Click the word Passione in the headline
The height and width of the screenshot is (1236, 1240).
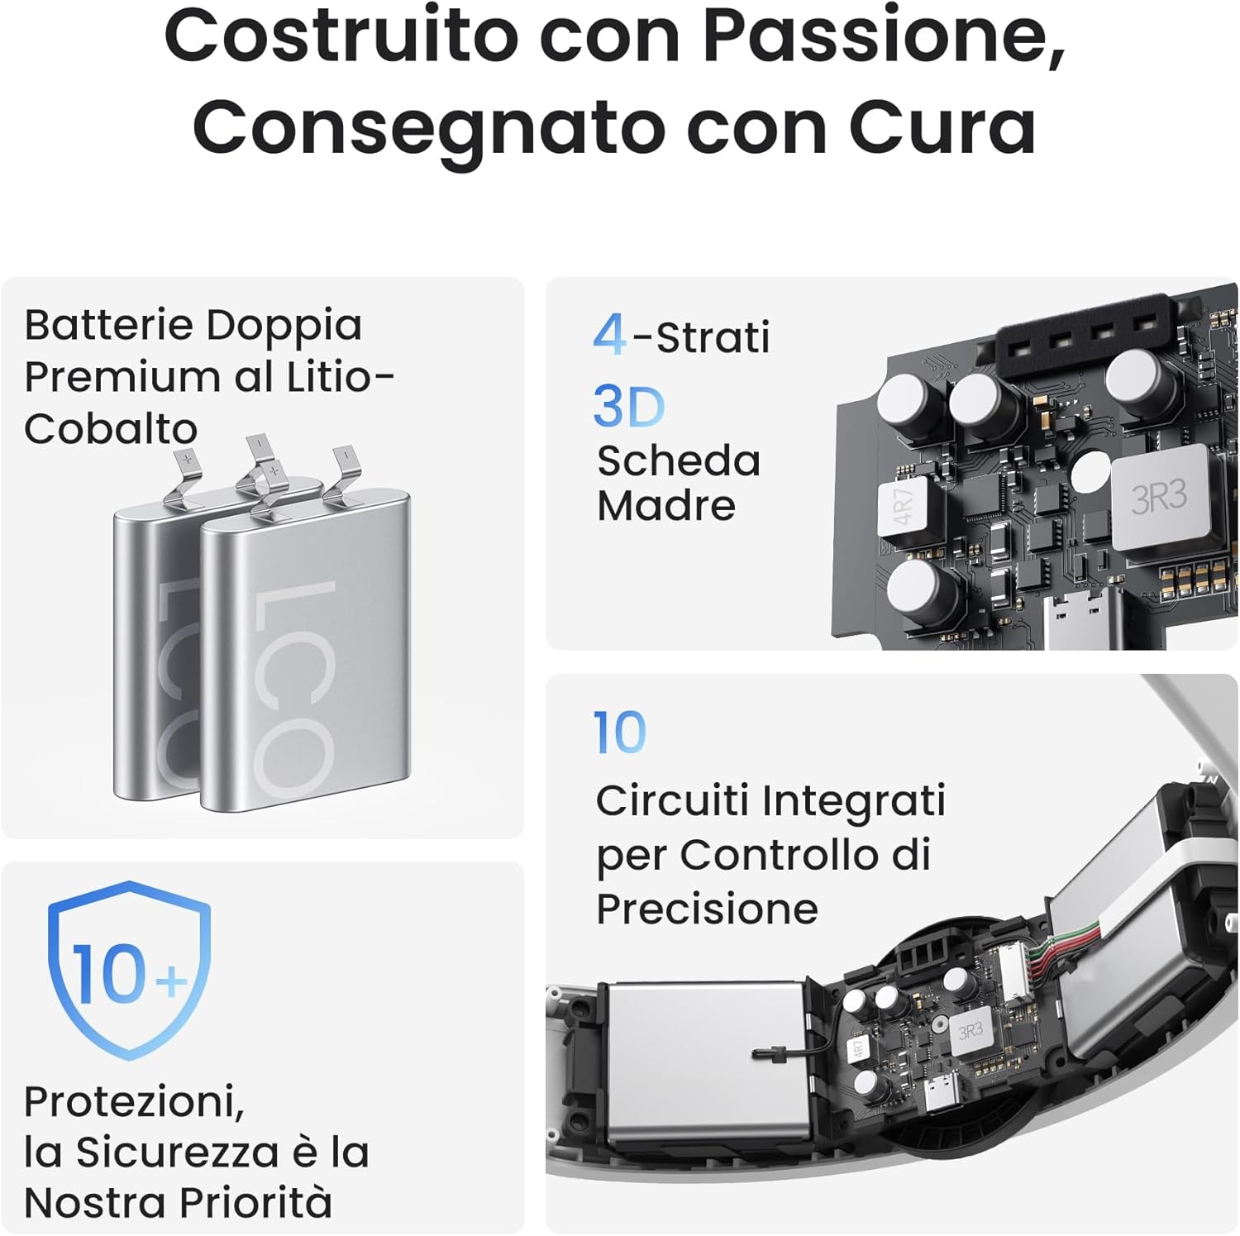[x=883, y=36]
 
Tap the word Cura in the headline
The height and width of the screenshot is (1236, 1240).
[x=942, y=127]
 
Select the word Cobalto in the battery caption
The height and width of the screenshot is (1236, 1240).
[x=111, y=429]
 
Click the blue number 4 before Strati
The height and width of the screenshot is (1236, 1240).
[x=609, y=335]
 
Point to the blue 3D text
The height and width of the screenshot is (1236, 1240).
[x=629, y=407]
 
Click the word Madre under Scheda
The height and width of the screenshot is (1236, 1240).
[x=666, y=506]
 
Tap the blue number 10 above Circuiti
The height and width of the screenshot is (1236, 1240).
[x=620, y=733]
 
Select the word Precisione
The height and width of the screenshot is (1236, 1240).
[x=708, y=909]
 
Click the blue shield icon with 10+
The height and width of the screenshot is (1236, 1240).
[x=130, y=970]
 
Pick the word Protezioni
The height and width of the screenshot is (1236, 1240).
[x=134, y=1102]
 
